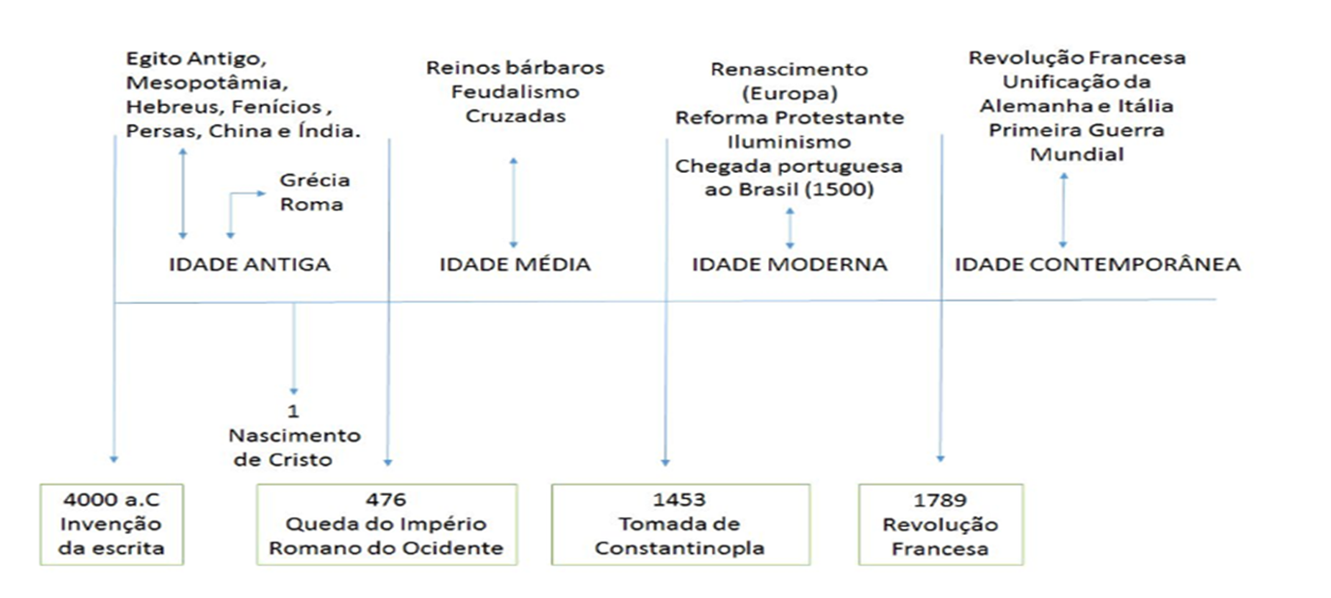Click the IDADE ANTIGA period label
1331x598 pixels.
coord(249,264)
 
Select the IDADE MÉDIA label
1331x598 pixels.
coord(514,264)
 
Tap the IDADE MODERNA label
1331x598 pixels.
coord(790,264)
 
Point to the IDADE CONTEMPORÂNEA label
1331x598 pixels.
coord(1097,264)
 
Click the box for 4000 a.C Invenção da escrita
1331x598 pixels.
coord(112,524)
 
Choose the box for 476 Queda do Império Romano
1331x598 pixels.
coord(387,524)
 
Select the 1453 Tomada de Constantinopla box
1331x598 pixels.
coord(680,524)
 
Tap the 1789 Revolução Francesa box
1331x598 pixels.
coord(941,524)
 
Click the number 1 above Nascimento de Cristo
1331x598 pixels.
coord(293,412)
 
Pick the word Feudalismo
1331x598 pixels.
coord(515,92)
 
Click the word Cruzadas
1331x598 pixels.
coord(515,116)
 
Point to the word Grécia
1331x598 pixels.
coord(315,181)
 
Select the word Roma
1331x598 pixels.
coord(311,205)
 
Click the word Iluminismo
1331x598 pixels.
coord(789,142)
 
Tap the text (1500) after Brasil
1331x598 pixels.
coord(838,190)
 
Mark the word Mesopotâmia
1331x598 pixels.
coord(207,83)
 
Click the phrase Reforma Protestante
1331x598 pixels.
coord(790,117)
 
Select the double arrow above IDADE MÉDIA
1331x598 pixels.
coord(513,203)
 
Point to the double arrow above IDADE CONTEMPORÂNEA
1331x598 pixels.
coord(1063,210)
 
